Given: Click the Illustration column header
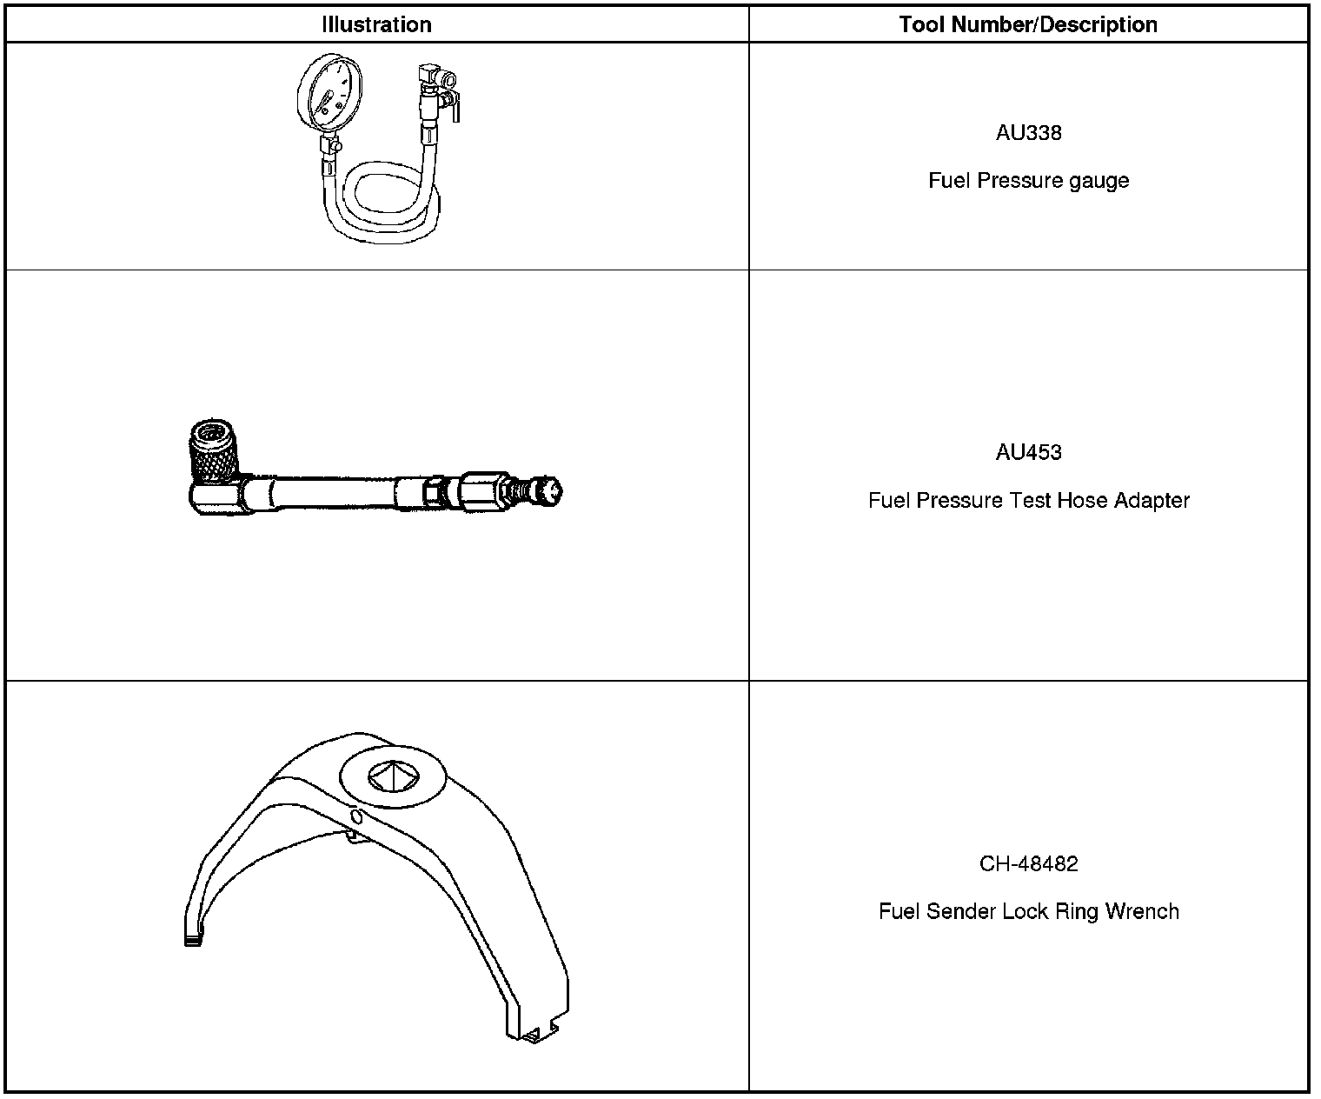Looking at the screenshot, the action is coord(376,24).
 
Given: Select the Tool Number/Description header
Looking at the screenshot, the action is coord(1028,24).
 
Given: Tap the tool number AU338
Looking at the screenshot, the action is coord(1028,133).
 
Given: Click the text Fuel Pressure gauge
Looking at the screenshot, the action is coord(1028,181).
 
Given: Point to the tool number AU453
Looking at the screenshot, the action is coord(1028,452).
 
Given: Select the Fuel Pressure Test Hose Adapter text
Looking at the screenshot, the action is coord(1028,501).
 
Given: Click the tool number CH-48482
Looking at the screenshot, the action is coord(1028,864).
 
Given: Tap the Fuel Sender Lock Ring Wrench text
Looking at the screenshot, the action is coord(1028,912).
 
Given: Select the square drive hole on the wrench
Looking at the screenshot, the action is coord(393,776).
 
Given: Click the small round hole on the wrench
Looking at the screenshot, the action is coord(355,816).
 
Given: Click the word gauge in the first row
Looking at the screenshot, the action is coord(1101,181).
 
